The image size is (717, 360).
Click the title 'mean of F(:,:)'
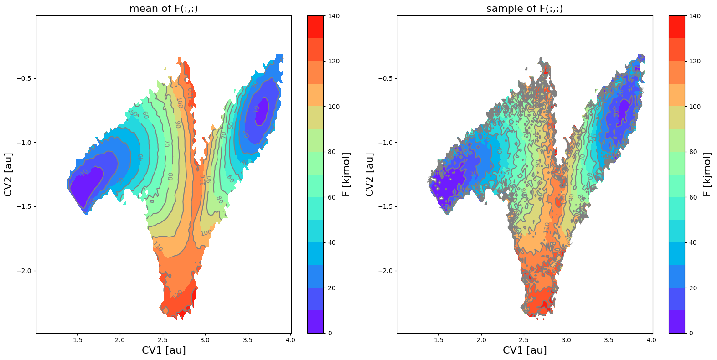(164, 8)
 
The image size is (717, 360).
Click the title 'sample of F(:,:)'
(525, 8)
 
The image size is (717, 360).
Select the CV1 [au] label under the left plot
(164, 350)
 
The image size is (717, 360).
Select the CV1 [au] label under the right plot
(525, 350)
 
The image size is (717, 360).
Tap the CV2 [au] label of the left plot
(8, 175)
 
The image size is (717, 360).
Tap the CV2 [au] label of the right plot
(369, 175)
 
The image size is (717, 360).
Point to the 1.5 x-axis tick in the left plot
(77, 340)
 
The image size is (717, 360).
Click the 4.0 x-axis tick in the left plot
(290, 340)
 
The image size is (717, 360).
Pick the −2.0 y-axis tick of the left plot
(23, 271)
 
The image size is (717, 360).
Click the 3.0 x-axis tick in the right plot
(566, 340)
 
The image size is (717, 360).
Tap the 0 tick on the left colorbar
(330, 333)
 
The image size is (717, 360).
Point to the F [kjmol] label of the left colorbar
(346, 175)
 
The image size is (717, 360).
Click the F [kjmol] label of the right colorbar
(707, 175)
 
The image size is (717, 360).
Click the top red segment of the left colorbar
(315, 27)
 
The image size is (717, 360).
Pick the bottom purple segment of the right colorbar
(676, 322)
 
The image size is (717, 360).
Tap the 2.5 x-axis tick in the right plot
(524, 340)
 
